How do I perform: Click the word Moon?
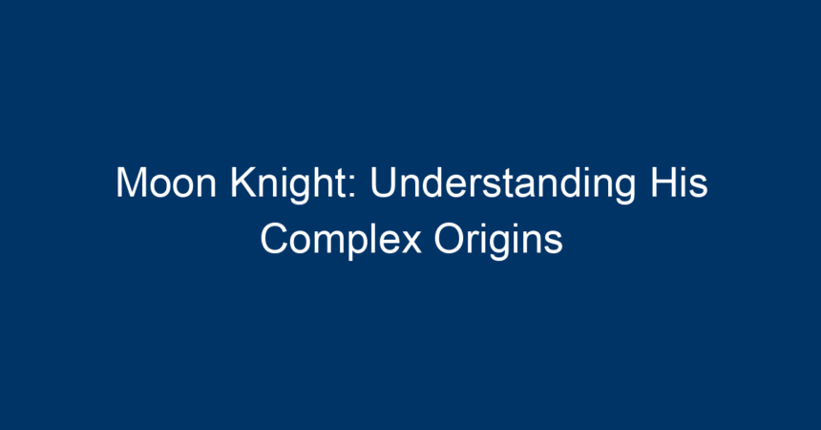point(166,183)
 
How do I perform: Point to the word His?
point(679,183)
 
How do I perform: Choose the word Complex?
point(341,241)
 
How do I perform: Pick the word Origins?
point(498,241)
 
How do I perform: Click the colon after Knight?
point(352,186)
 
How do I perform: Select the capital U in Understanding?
point(383,183)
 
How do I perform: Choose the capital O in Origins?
point(450,239)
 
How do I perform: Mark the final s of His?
point(699,186)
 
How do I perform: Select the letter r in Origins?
point(474,243)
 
